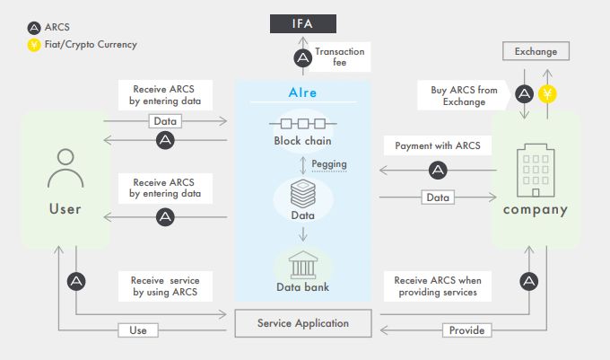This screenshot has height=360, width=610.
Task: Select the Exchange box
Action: point(535,52)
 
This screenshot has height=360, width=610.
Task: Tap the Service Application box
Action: point(302,323)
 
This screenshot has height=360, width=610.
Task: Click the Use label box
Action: point(137,330)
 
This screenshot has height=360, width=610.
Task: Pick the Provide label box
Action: point(466,330)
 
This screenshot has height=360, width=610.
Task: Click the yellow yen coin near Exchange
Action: point(547,92)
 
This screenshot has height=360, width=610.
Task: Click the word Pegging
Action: point(328,163)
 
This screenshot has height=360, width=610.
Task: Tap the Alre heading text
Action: point(302,92)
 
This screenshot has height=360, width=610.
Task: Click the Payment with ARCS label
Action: point(438,145)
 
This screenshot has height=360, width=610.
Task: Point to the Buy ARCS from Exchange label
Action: point(463,96)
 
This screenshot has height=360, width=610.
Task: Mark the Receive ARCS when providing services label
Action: point(438,285)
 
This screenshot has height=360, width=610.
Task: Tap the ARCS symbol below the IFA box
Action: point(303,58)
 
